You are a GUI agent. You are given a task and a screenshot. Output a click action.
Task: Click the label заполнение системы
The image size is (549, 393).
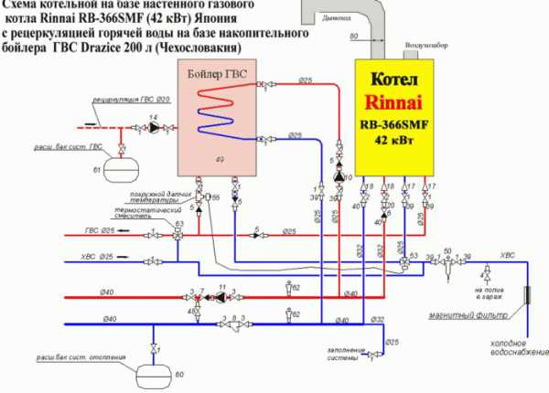[x=346, y=354]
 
